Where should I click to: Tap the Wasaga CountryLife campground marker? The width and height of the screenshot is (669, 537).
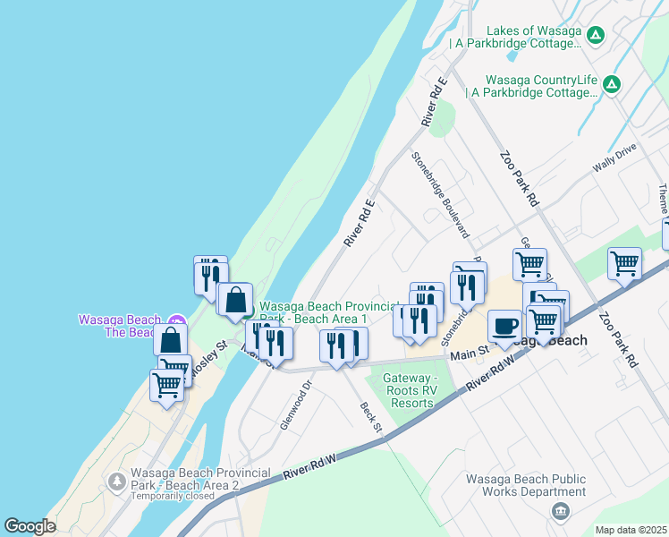pos(612,85)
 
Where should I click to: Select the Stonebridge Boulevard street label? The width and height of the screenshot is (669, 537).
pos(440,193)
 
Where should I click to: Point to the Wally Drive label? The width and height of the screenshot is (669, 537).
pos(614,158)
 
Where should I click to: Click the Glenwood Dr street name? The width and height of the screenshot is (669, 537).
pos(295,405)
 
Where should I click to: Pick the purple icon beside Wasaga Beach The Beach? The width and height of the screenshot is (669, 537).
pos(176,320)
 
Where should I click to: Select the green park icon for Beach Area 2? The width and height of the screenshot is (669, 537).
pos(116,482)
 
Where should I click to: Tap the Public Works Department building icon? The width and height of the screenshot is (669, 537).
pos(560,511)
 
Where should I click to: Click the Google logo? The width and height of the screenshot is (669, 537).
pos(30,526)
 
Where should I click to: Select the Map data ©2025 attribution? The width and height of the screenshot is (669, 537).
pos(631,530)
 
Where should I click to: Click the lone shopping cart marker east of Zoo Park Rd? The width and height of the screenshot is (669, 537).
pos(624,263)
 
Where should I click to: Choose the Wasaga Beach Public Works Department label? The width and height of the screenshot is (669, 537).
pos(526,485)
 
